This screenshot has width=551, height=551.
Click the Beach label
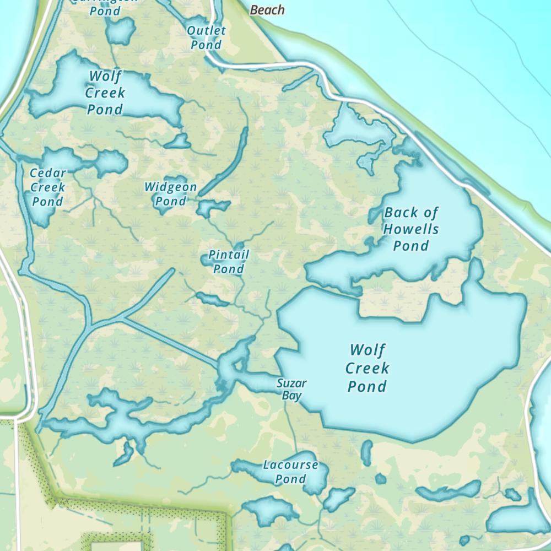[267, 10]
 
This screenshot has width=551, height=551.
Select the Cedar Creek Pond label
[48, 187]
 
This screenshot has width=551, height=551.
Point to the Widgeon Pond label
[171, 194]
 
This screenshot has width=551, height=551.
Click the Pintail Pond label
[229, 262]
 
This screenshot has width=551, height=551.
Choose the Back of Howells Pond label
[412, 229]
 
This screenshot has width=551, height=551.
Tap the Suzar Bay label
[291, 389]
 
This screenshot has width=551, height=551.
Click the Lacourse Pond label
[290, 472]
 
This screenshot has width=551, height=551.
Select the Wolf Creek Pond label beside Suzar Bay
[368, 368]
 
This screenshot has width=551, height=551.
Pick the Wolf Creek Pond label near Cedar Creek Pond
[105, 93]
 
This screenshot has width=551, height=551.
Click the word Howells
[412, 229]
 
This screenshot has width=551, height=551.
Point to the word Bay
[291, 396]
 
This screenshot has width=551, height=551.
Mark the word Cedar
[48, 173]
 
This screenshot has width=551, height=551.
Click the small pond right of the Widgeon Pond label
[212, 208]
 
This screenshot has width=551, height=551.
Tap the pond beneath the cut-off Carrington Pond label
[120, 31]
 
